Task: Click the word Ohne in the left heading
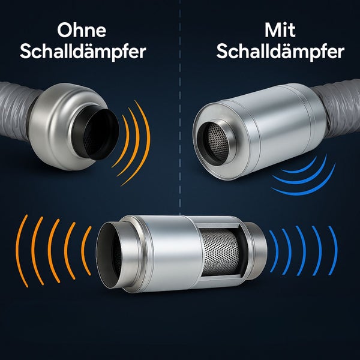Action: click(82, 31)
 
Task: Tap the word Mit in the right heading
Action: click(280, 30)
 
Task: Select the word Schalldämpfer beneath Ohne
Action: click(83, 52)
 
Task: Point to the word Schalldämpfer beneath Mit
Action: click(280, 52)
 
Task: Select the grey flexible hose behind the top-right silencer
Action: click(340, 108)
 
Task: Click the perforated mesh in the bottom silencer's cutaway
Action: click(219, 252)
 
